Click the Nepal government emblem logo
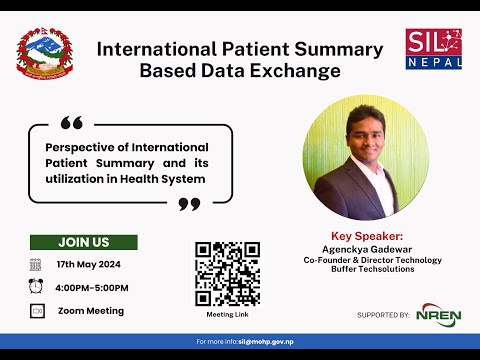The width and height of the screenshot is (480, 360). (x=44, y=55)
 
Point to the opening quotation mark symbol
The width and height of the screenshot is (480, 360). (x=71, y=123)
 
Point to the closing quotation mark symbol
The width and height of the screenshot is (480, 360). (x=188, y=204)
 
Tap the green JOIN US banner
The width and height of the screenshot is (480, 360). (x=83, y=242)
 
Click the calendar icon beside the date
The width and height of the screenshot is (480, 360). (x=36, y=264)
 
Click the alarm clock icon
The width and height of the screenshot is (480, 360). (x=36, y=287)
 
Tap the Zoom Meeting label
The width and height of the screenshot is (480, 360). (x=91, y=311)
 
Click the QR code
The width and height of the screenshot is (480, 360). (x=227, y=273)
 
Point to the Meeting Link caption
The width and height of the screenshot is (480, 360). (x=227, y=313)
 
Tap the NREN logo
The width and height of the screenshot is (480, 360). (x=439, y=313)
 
